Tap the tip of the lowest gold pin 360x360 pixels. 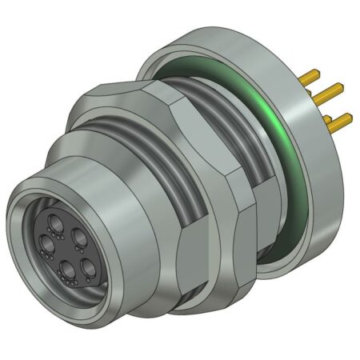[350, 118]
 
